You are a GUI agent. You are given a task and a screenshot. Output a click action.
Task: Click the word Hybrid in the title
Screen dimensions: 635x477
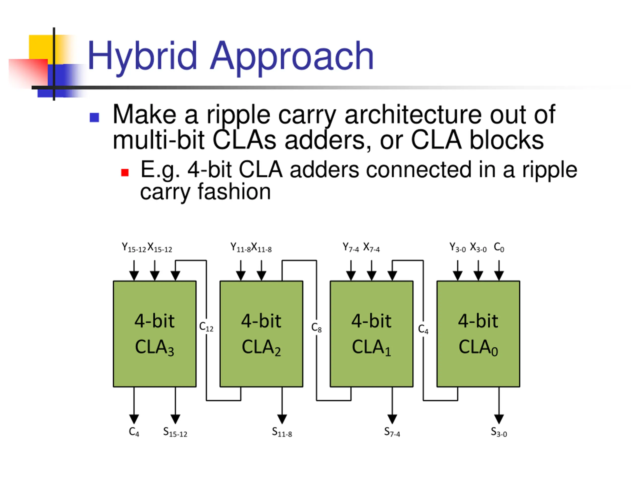coord(142,57)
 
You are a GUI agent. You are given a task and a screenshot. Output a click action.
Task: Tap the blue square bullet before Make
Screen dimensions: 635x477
coord(95,117)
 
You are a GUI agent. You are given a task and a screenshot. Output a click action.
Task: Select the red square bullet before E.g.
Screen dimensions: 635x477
coord(125,172)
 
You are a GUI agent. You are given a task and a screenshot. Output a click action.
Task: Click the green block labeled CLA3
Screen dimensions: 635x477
coord(155,334)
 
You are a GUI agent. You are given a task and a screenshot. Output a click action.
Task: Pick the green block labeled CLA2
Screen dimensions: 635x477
coord(261,334)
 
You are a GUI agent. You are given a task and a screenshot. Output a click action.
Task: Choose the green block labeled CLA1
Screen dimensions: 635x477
coord(372,334)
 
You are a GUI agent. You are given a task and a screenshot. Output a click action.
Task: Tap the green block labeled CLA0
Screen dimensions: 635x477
coord(478,334)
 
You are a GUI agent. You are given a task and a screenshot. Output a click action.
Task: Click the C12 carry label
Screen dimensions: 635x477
coord(206,327)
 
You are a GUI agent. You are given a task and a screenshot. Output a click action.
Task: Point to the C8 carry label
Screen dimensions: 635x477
coord(316,327)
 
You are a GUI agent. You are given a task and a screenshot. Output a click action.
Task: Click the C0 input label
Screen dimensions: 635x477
coord(499,247)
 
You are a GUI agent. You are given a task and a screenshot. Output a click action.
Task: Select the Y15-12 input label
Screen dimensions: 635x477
coord(134,247)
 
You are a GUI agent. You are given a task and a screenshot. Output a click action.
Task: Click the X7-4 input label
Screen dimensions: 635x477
coord(372,247)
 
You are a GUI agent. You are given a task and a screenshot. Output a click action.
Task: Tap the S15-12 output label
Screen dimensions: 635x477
coord(175,432)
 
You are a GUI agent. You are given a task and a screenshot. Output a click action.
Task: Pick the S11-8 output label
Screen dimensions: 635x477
coord(282,432)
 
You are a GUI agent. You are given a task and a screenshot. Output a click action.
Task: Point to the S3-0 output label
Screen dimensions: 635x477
coord(499,432)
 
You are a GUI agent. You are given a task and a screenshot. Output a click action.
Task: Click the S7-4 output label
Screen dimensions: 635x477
coord(392,432)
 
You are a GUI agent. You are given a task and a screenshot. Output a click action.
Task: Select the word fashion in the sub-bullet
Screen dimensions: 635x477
coord(234,192)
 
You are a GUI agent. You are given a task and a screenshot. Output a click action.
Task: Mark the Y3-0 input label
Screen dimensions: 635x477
coord(458,247)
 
